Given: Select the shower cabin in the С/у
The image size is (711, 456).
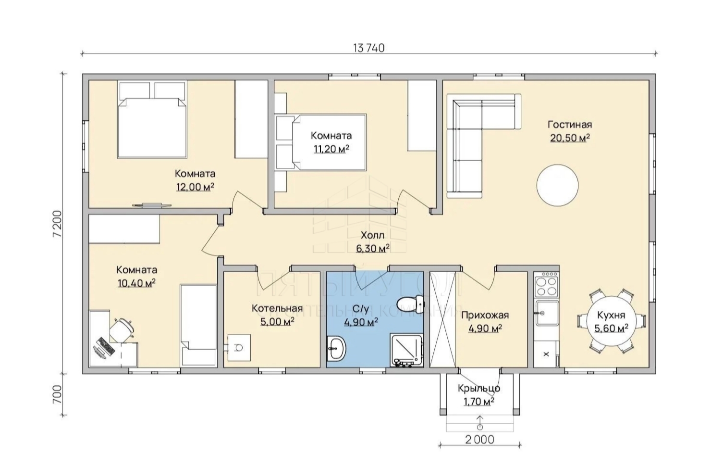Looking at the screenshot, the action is [x=407, y=351].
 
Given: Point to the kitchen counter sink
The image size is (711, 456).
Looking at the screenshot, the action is [x=547, y=314].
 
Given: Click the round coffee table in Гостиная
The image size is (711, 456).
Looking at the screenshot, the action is [x=557, y=185].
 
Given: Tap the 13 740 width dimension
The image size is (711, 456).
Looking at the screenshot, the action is [x=369, y=48].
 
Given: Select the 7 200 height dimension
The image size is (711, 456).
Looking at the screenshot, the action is [x=58, y=224].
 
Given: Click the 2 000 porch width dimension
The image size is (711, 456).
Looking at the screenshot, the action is [x=479, y=440].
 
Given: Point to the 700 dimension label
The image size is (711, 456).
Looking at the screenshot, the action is [x=58, y=394].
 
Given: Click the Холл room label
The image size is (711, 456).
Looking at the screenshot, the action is [x=372, y=236].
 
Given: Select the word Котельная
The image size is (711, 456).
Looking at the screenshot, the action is [x=277, y=308].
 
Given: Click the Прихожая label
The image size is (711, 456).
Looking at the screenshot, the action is [x=485, y=315].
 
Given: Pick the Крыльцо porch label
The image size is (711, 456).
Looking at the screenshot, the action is [x=479, y=389].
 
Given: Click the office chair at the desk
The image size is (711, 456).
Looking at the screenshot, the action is [x=122, y=329].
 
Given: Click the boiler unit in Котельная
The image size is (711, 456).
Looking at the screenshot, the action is [x=239, y=347].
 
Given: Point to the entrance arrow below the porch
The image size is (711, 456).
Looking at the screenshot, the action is [x=479, y=422].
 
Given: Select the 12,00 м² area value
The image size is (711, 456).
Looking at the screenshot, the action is [x=195, y=187].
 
